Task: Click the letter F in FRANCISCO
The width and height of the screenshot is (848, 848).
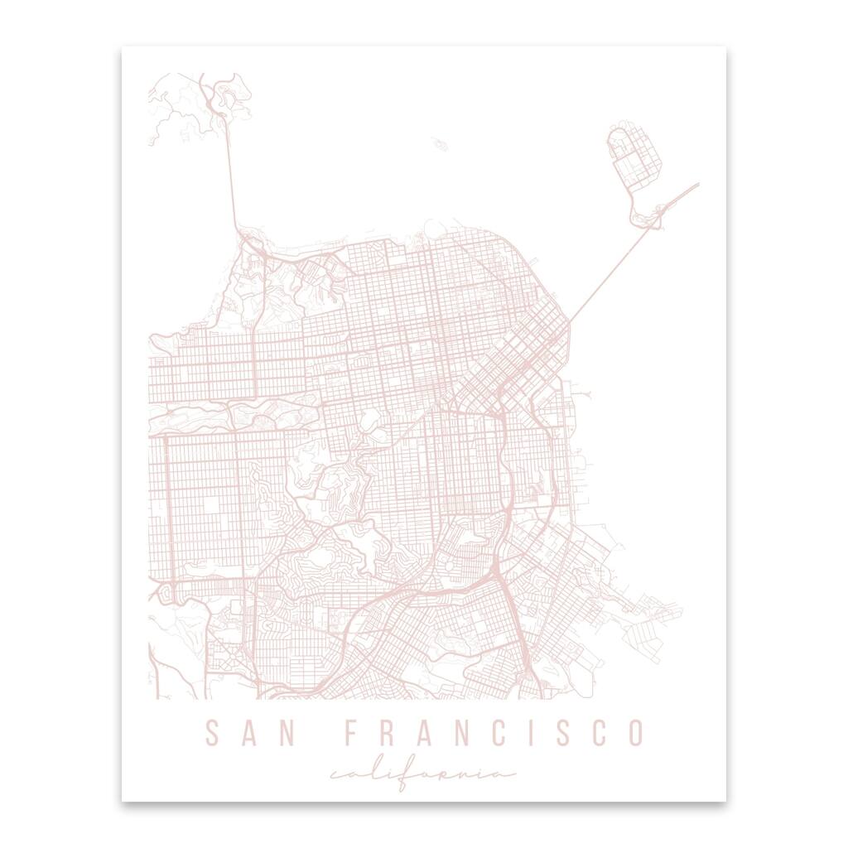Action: pos(351,733)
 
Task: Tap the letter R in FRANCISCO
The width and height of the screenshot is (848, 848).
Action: pos(387,733)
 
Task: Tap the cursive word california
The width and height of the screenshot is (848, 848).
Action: pos(422,776)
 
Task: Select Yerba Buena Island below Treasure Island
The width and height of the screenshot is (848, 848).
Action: pos(648,218)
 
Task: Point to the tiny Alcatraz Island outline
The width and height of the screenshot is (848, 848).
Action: pos(440,144)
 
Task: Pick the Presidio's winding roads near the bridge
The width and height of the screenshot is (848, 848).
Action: pos(273,282)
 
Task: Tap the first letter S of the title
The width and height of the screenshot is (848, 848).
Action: pos(212,733)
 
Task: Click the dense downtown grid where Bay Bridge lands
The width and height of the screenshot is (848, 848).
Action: pos(530,348)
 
